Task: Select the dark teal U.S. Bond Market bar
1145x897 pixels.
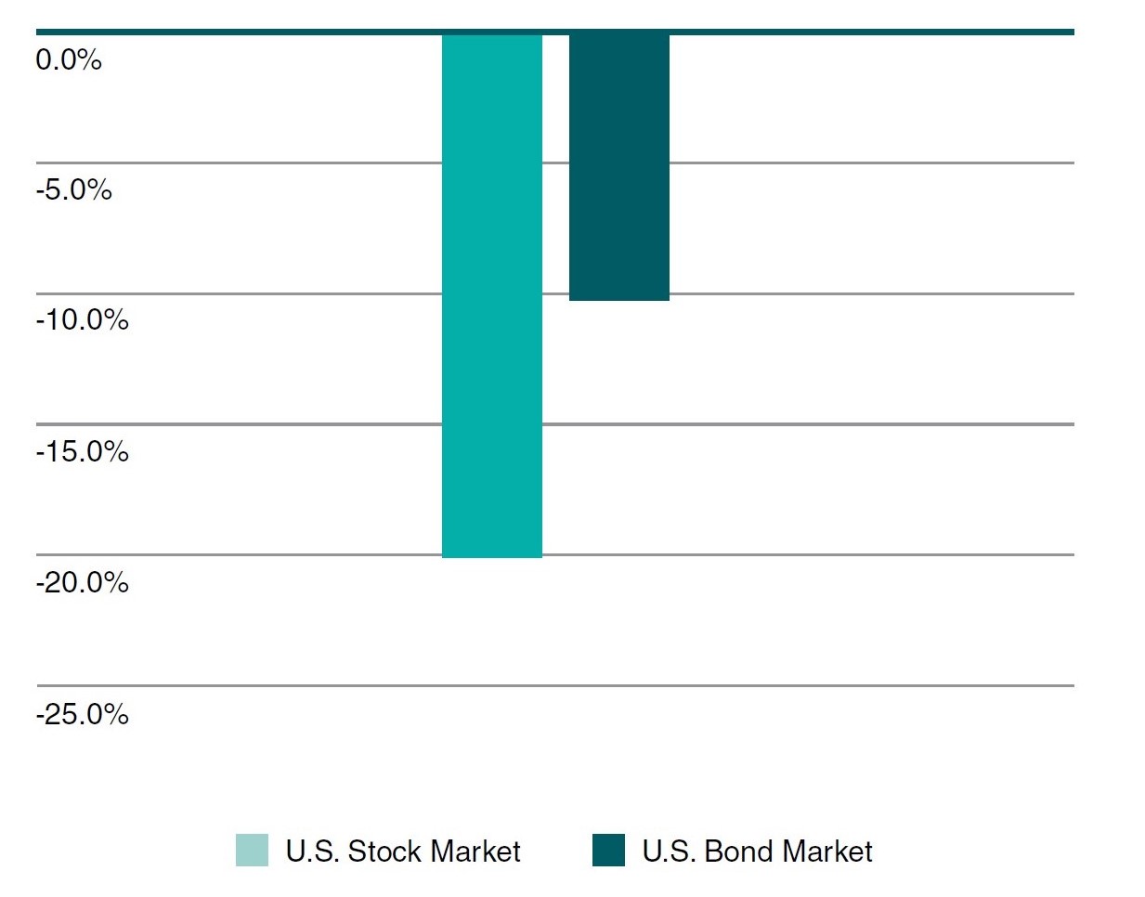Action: tap(618, 167)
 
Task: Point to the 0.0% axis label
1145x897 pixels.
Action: tap(69, 60)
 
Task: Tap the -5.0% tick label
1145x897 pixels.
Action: tap(73, 190)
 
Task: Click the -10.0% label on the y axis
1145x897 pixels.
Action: tap(82, 320)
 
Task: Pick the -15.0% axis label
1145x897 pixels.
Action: tap(82, 452)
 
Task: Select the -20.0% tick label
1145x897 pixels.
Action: tap(82, 583)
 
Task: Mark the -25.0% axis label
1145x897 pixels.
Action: tap(82, 714)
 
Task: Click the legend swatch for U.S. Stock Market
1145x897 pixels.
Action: tap(252, 851)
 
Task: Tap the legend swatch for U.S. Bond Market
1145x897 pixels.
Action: tap(608, 851)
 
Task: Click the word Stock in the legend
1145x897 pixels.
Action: tap(384, 851)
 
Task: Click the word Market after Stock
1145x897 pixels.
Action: tap(475, 851)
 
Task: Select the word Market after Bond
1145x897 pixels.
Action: tap(827, 851)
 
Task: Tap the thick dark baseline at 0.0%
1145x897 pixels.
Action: tap(836, 32)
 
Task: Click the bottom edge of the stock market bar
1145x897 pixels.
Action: tap(491, 556)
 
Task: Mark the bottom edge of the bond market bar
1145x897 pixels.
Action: tap(618, 299)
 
